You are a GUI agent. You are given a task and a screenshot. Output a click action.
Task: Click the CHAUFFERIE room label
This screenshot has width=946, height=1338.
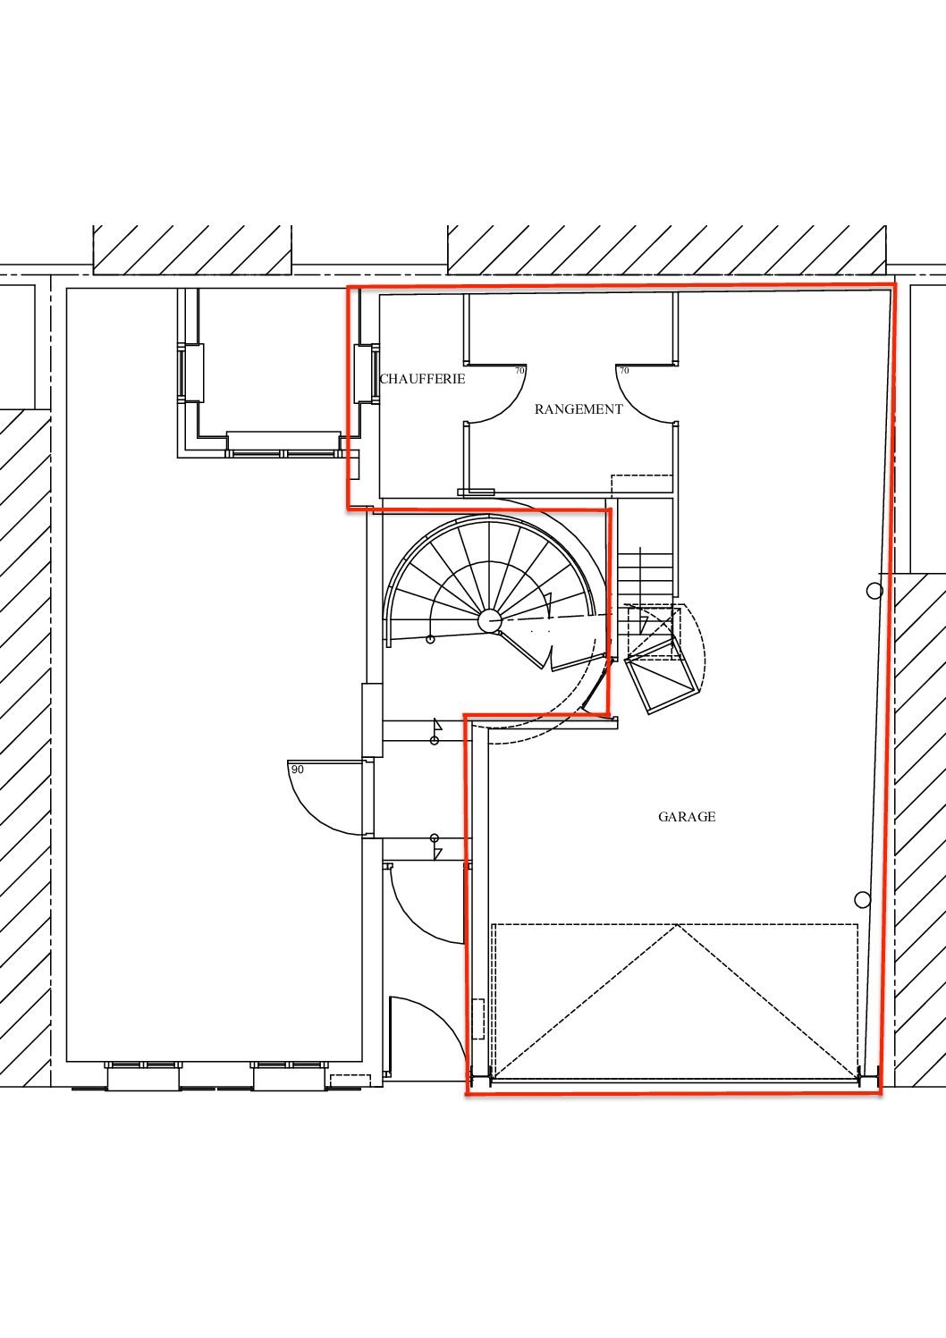[x=422, y=379]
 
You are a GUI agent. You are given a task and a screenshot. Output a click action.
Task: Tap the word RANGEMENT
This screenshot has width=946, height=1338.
[x=579, y=409]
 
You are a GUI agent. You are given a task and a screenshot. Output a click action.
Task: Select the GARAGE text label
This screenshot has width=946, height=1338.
[x=687, y=817]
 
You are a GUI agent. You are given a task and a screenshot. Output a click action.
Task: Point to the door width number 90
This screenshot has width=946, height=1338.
[x=298, y=770]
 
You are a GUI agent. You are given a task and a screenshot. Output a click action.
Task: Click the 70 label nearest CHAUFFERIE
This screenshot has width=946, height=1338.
[x=519, y=370]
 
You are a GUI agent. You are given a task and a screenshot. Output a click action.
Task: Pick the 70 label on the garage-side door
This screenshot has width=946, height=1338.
[x=624, y=370]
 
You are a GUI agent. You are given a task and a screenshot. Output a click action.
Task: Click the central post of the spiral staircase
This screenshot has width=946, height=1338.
[x=489, y=621]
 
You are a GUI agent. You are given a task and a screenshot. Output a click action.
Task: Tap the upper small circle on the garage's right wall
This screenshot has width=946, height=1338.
[x=874, y=591]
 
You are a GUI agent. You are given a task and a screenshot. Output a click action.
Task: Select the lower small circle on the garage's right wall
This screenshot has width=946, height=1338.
[x=862, y=899]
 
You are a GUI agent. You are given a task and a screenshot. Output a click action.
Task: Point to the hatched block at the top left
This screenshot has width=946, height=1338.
[x=192, y=250]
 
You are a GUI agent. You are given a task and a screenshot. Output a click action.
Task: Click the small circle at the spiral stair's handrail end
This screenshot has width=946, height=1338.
[x=430, y=640]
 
